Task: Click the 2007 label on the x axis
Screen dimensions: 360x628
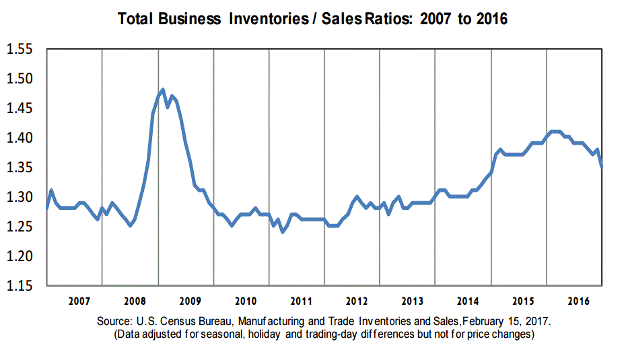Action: [79, 299]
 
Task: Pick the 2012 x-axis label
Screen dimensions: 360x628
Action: [356, 299]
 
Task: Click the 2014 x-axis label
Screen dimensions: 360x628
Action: [467, 299]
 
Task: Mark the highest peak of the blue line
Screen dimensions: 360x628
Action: [163, 89]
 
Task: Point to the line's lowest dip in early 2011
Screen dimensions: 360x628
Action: [282, 232]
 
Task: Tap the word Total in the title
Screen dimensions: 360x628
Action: [135, 20]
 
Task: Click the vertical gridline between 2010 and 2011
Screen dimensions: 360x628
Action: [269, 168]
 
